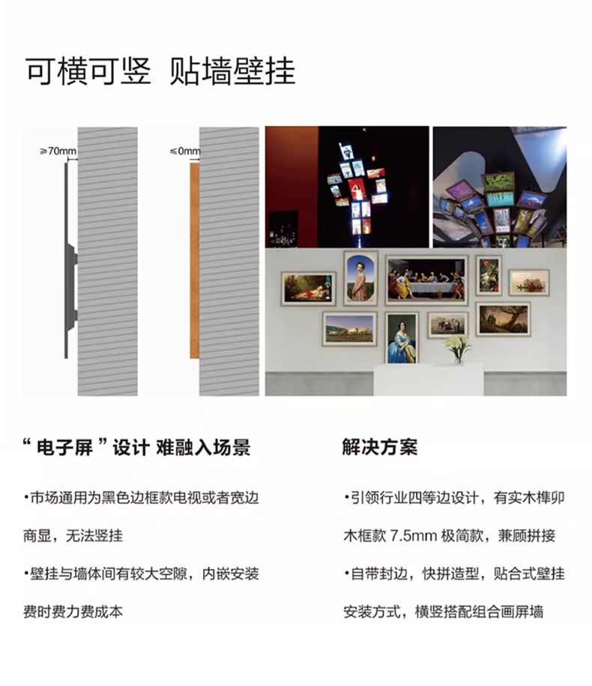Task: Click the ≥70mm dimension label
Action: click(58, 151)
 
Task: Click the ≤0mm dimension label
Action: click(185, 151)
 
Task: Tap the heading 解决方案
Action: click(379, 447)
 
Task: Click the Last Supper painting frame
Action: click(426, 280)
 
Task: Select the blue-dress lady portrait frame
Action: click(402, 337)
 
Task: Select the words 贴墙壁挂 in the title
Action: click(232, 71)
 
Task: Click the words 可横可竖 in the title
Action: click(88, 71)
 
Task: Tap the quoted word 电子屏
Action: click(64, 448)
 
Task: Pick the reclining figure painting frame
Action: click(309, 289)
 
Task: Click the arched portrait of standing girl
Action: click(360, 278)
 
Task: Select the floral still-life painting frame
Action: click(489, 276)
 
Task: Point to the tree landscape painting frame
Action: click(503, 319)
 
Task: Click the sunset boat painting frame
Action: click(529, 283)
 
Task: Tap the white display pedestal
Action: click(429, 380)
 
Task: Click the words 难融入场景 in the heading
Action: click(203, 448)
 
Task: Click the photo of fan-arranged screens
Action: click(500, 187)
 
